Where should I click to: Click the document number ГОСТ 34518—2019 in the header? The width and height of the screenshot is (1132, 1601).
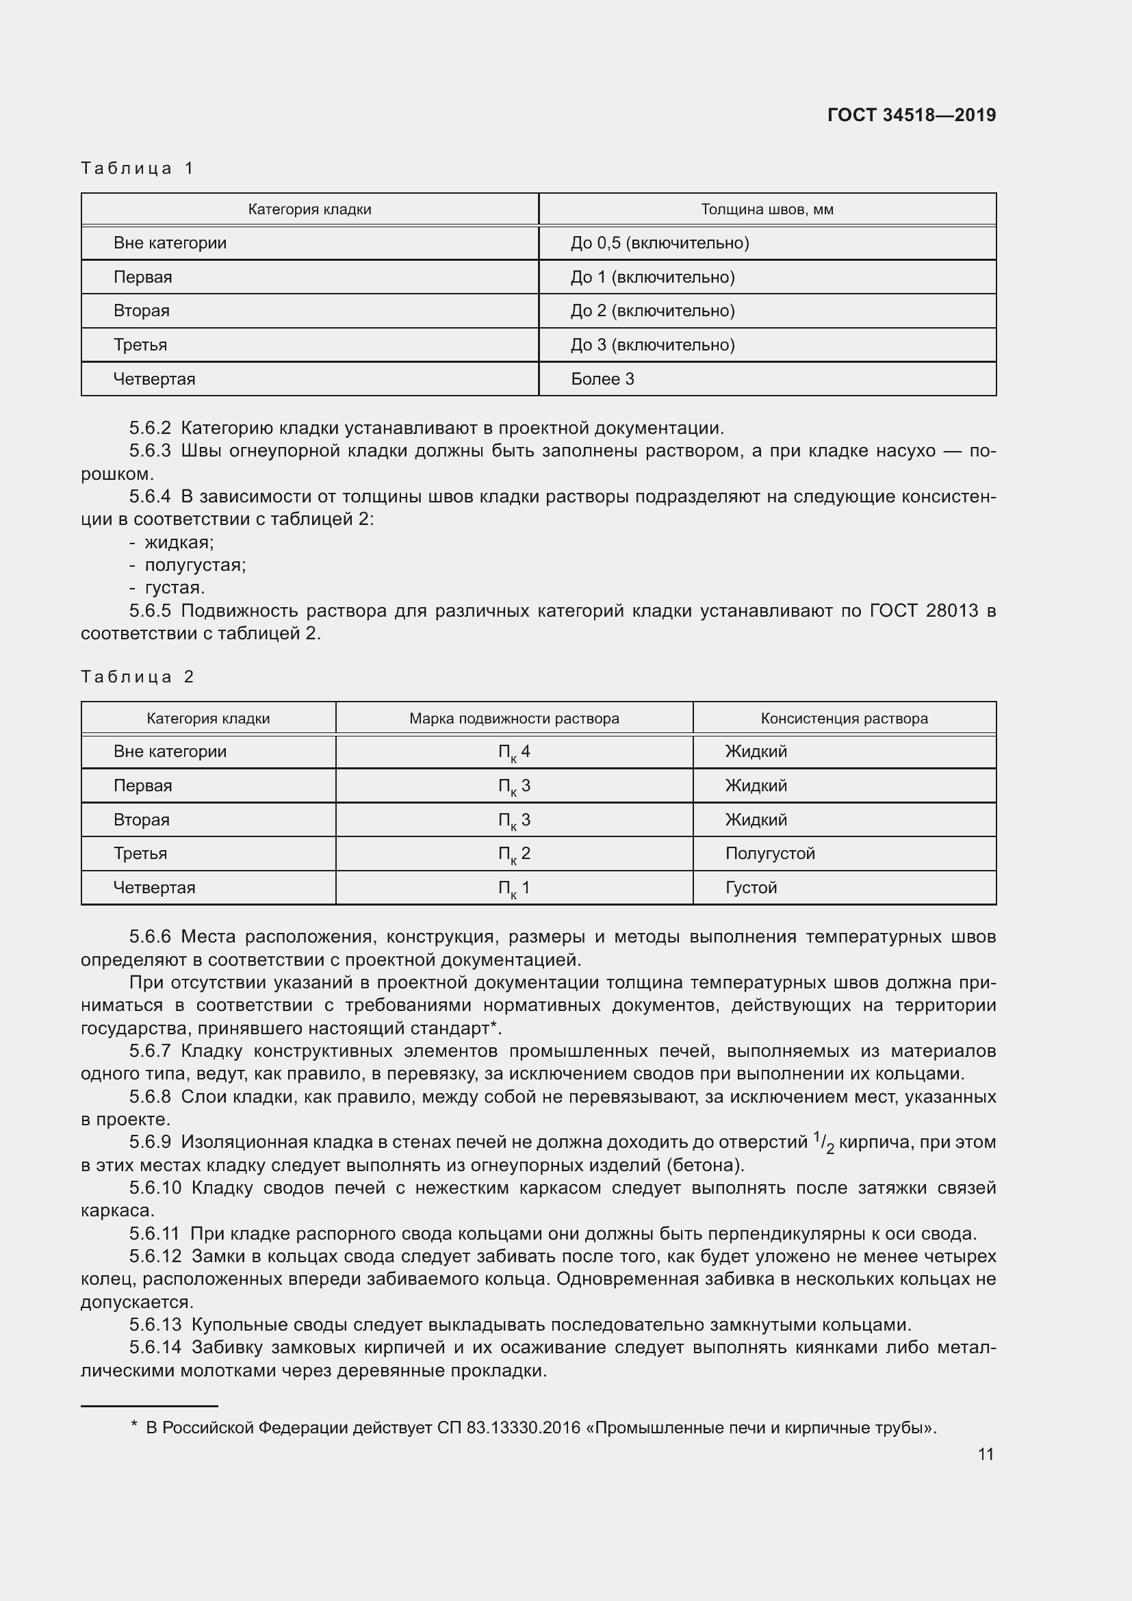[x=911, y=115]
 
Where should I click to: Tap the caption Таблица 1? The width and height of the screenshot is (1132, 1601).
[x=138, y=168]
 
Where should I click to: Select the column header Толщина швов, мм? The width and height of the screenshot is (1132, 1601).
[x=767, y=209]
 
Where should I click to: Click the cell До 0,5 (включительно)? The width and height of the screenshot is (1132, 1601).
[x=659, y=243]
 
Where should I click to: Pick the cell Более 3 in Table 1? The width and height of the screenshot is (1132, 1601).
[x=602, y=379]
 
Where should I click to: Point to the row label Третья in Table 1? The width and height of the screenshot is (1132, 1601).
[x=140, y=344]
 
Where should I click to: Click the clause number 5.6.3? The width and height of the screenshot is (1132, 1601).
[x=150, y=450]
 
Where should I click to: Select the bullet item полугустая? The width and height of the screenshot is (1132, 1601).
[x=194, y=565]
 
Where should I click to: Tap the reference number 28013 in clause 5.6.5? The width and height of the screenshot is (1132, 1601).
[x=952, y=610]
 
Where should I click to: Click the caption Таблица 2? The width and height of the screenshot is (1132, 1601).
[x=138, y=676]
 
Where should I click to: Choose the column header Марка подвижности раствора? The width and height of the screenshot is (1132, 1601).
[x=514, y=718]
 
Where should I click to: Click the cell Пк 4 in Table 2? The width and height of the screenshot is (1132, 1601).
[x=514, y=752]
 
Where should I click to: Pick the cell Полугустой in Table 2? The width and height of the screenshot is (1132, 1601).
[x=769, y=854]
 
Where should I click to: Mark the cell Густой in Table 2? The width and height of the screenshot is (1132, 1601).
[x=750, y=888]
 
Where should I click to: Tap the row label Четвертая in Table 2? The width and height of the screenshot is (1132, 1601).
[x=154, y=888]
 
